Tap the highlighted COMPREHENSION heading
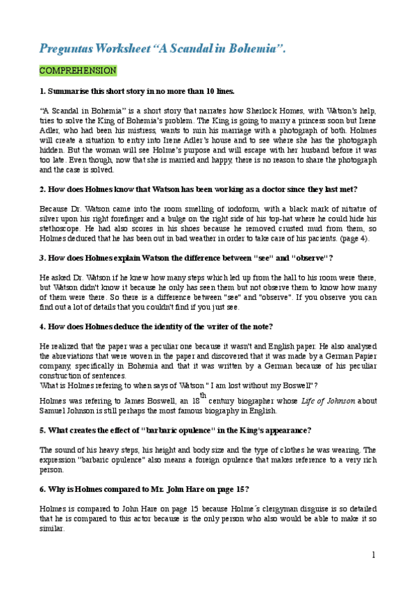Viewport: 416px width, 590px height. point(78,71)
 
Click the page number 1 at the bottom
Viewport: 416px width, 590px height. point(373,555)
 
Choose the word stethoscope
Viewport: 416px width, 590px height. point(60,229)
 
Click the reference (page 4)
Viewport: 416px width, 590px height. point(356,239)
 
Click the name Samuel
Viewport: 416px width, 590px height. point(54,410)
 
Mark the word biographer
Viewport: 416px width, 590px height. point(258,401)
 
